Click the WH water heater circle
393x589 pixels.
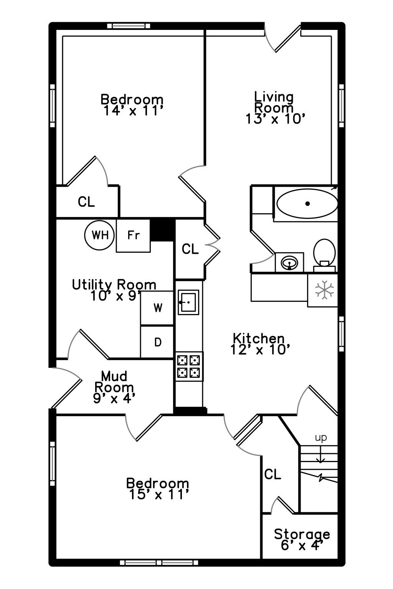coord(99,235)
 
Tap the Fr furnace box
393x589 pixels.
coord(133,235)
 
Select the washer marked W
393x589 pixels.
coord(157,308)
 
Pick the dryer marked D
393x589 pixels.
coord(157,342)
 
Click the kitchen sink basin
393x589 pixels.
coord(188,303)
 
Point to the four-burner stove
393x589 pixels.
coord(189,366)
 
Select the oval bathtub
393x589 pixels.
coord(307,204)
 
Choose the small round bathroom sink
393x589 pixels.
coord(289,262)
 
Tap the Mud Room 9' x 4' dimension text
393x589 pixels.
coord(114,399)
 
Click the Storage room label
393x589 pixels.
coord(302,534)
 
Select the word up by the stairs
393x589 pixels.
coord(321,438)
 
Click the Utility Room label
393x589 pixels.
coord(114,285)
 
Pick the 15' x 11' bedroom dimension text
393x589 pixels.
coord(159,495)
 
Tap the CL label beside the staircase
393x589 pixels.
coord(272,475)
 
